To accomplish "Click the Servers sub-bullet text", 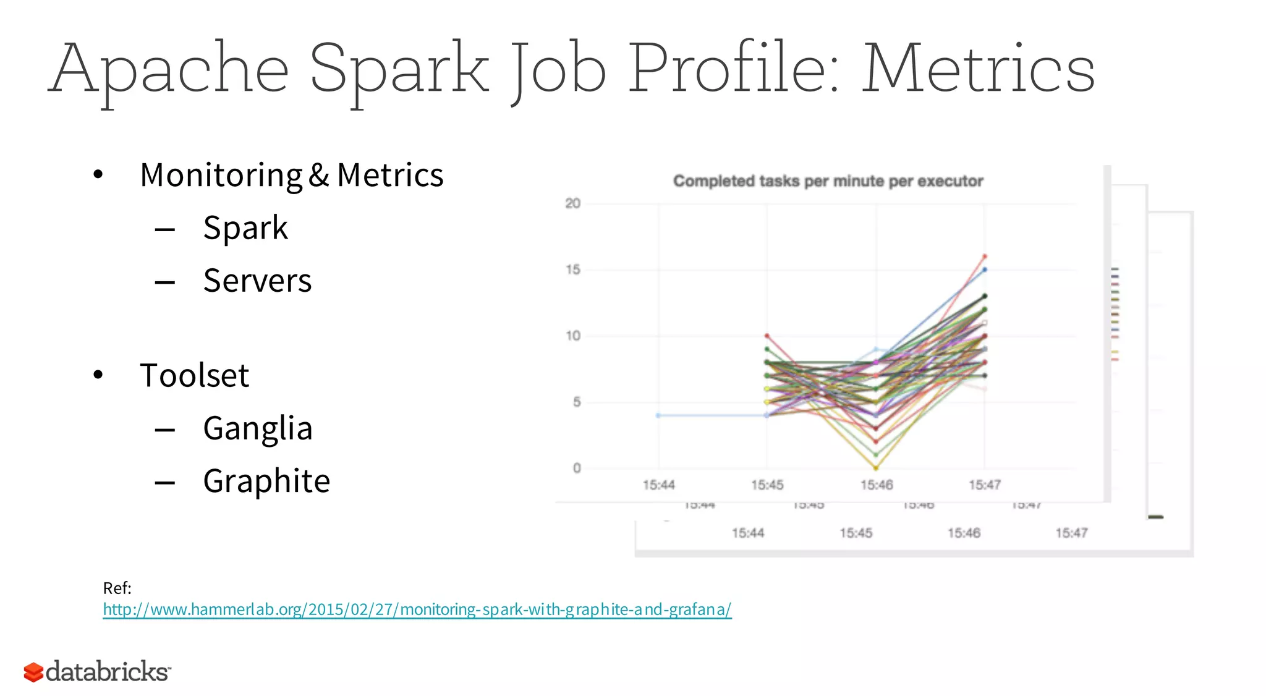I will tap(257, 281).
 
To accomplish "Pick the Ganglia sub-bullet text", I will tap(258, 428).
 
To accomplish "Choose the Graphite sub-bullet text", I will tap(266, 481).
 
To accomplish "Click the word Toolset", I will tap(194, 375).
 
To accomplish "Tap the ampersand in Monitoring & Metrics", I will tap(318, 175).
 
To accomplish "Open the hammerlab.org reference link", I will tap(417, 609).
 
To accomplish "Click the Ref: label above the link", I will tap(117, 588).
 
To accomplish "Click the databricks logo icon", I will tap(33, 672).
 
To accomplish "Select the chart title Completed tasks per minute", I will tap(828, 181).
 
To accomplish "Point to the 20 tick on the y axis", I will tap(572, 203).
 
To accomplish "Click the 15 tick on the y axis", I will tap(572, 269).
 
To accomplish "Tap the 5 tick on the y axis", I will tap(576, 402).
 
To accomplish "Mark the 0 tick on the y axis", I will tap(576, 468).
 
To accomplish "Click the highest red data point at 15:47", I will tap(985, 256).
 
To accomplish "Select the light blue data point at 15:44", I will tap(658, 415).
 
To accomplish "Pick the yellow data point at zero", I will tap(876, 467).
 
